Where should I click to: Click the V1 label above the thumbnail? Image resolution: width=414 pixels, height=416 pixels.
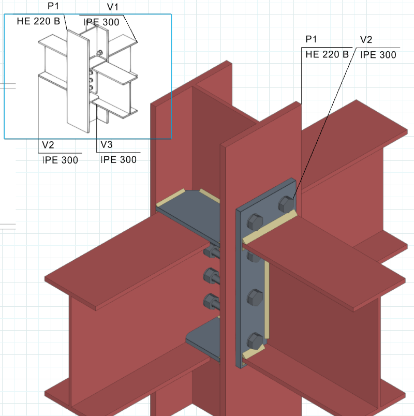pyautogui.click(x=112, y=7)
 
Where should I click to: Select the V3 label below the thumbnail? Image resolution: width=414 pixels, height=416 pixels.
pyautogui.click(x=107, y=144)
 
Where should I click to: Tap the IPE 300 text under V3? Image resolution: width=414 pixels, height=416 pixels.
pyautogui.click(x=119, y=159)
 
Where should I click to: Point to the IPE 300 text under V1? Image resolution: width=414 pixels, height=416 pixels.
pyautogui.click(x=101, y=22)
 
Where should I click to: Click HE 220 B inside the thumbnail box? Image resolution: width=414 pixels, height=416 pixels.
pyautogui.click(x=38, y=21)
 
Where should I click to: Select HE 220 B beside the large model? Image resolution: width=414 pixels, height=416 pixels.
pyautogui.click(x=327, y=54)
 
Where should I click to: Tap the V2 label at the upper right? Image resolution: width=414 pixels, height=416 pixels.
pyautogui.click(x=366, y=39)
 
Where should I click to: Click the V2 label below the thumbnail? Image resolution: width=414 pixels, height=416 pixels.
pyautogui.click(x=48, y=145)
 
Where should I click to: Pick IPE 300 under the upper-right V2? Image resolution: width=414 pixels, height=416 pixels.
pyautogui.click(x=378, y=55)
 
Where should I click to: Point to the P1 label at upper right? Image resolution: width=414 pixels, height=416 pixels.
pyautogui.click(x=311, y=39)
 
